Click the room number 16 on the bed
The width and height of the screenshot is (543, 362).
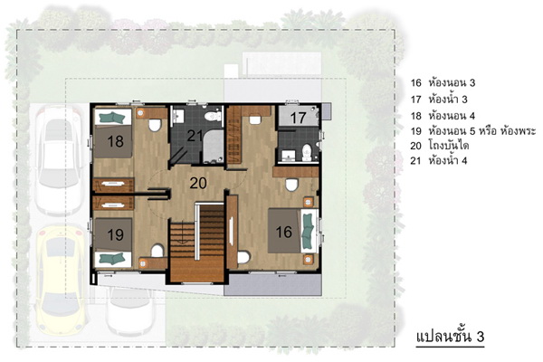point(283,232)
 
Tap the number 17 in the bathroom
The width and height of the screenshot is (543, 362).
point(298,118)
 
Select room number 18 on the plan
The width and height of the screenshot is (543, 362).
point(115,141)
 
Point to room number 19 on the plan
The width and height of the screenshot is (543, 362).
point(115,234)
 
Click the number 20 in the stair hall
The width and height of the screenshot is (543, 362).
point(198,183)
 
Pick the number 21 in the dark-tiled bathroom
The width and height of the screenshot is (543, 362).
point(195,136)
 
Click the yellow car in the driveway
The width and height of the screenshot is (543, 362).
point(61,280)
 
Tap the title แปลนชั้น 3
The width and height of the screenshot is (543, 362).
point(450,337)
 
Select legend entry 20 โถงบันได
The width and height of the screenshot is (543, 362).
point(440,146)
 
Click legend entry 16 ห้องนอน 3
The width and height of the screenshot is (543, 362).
point(443,82)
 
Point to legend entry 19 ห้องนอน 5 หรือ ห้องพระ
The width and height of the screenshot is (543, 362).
point(473,131)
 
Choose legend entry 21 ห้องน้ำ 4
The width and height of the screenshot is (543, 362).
point(439,161)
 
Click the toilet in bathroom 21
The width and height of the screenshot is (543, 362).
point(213,115)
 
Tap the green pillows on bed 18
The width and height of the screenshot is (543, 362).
point(112,118)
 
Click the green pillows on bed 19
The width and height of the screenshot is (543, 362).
point(112,259)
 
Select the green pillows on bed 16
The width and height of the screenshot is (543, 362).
point(307,231)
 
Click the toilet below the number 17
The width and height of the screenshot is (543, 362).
point(307,153)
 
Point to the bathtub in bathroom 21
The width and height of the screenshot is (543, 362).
point(213,147)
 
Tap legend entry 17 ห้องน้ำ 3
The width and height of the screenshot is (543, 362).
point(439,100)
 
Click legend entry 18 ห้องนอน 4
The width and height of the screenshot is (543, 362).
point(443,115)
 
